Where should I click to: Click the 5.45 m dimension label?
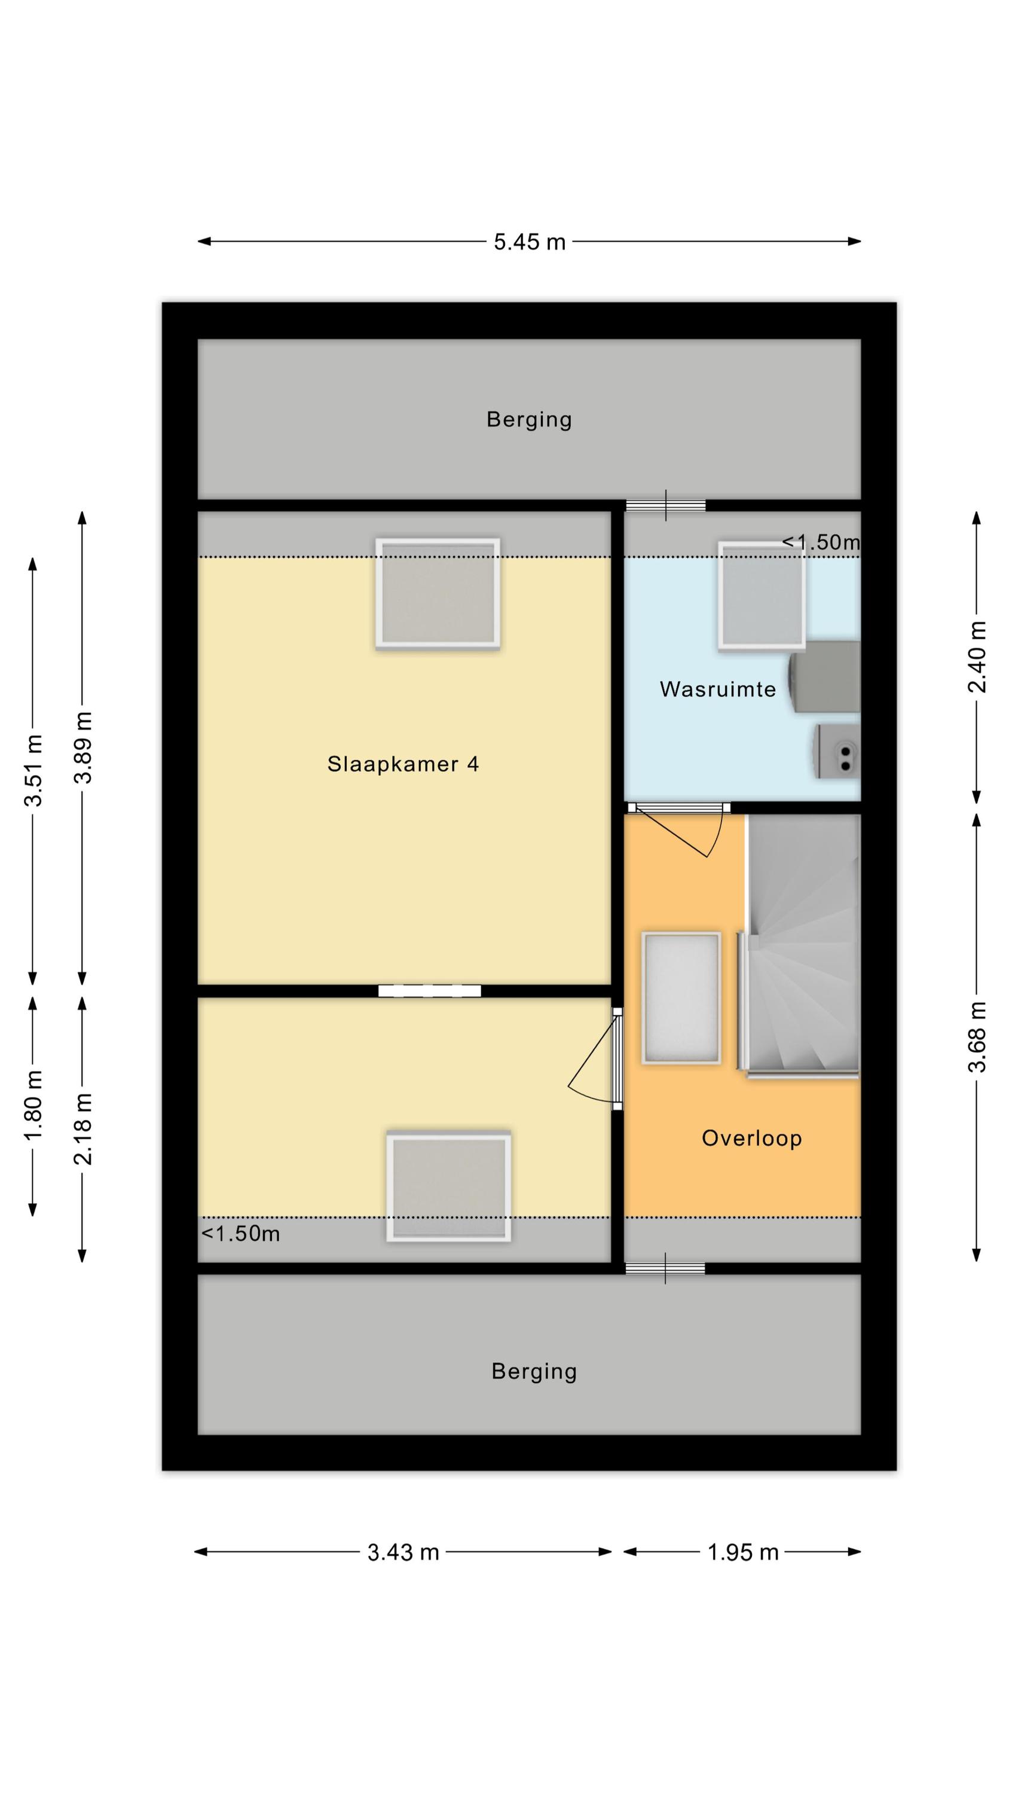click(x=529, y=242)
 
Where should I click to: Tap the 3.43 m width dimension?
click(x=403, y=1552)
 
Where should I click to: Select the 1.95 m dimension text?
click(x=742, y=1552)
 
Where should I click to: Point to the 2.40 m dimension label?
click(x=977, y=656)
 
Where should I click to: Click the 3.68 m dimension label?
click(x=977, y=1036)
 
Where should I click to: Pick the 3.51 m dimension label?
click(x=33, y=770)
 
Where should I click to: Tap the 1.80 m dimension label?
click(x=33, y=1104)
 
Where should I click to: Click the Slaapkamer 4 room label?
click(x=403, y=764)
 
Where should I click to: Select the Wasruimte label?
click(x=717, y=689)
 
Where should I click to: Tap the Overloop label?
click(x=751, y=1138)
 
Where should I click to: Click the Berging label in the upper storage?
click(x=529, y=419)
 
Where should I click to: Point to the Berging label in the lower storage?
click(x=534, y=1371)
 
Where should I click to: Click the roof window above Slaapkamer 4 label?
click(x=438, y=594)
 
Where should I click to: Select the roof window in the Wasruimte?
click(x=762, y=596)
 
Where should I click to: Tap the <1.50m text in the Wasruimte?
click(x=821, y=542)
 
